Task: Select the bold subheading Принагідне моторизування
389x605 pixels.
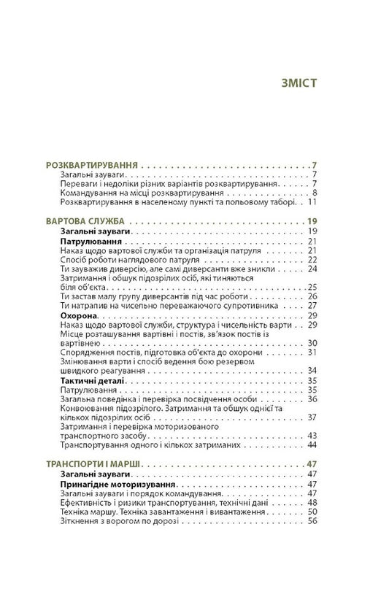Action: (x=116, y=484)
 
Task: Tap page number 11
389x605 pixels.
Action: (x=312, y=203)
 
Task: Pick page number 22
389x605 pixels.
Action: (x=312, y=258)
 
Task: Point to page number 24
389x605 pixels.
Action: (x=312, y=268)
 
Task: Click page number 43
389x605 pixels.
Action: (x=312, y=436)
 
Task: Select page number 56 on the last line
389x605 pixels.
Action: (x=312, y=522)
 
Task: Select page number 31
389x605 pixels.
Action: (x=312, y=352)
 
